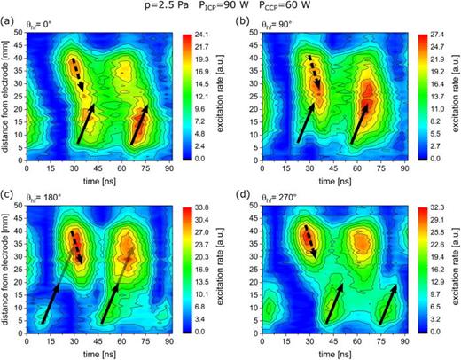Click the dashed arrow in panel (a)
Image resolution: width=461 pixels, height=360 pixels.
[77, 74]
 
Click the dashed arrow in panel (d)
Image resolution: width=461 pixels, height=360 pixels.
[309, 242]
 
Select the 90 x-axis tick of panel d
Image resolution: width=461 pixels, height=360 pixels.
[403, 341]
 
